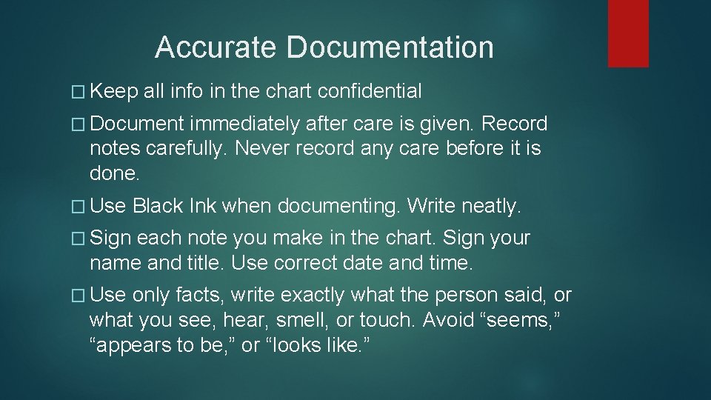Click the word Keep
(x=115, y=92)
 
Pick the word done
(x=113, y=173)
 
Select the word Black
(x=158, y=205)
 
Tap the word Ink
(x=202, y=205)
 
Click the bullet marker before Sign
(x=81, y=238)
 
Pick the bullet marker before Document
(x=81, y=124)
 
